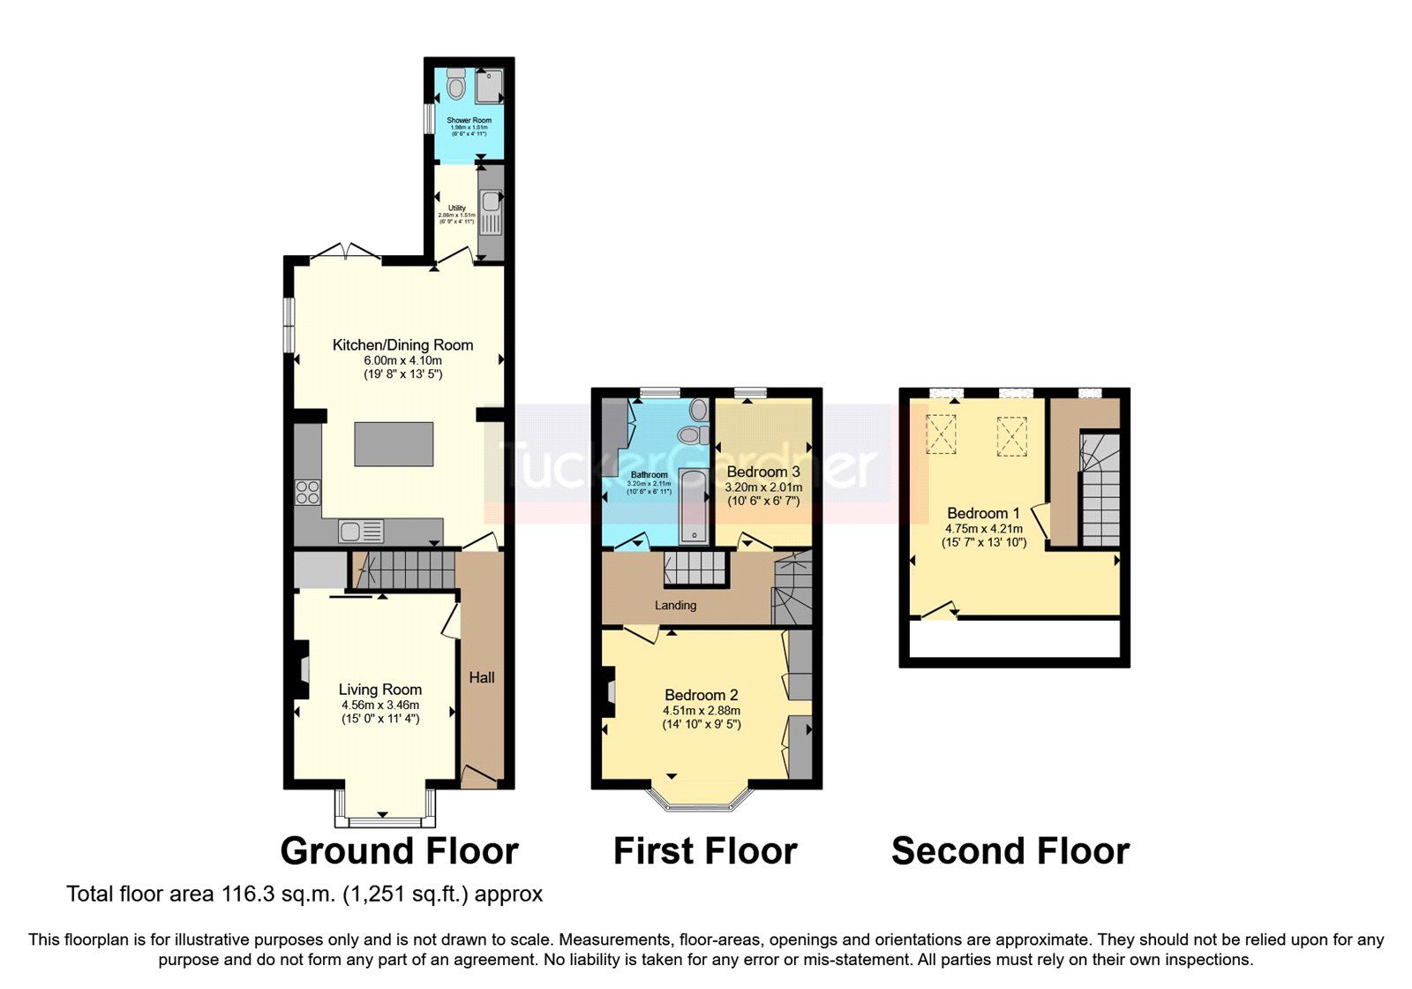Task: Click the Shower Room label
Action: click(469, 120)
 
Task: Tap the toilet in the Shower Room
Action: click(455, 86)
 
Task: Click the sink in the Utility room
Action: click(490, 202)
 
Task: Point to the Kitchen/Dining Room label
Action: click(402, 345)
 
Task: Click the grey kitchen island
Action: click(394, 444)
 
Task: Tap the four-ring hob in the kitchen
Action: click(308, 492)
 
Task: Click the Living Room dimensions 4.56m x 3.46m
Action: click(380, 705)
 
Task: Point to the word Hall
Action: click(482, 677)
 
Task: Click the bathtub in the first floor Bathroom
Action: click(694, 507)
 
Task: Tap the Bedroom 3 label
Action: click(762, 472)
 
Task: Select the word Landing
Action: click(675, 606)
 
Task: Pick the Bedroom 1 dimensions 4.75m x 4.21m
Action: click(984, 528)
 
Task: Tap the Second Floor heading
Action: click(1010, 851)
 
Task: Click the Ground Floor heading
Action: click(399, 851)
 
